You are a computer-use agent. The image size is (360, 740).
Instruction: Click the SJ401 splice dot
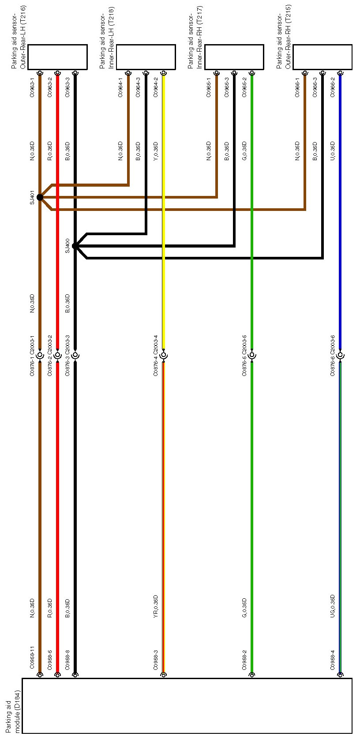40,197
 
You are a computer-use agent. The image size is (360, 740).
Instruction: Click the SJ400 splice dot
75,246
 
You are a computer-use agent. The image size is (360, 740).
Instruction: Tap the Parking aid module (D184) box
187,706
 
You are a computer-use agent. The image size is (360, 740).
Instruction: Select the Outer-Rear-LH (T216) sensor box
57,57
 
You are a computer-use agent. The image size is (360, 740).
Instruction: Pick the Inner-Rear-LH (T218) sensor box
146,57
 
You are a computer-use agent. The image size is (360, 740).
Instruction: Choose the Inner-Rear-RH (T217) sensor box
234,57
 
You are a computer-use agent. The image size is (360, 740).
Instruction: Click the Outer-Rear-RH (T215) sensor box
322,57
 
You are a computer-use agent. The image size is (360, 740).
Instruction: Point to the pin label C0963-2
50,87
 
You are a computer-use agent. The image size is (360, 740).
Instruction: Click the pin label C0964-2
156,87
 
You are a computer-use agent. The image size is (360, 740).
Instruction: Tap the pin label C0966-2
333,87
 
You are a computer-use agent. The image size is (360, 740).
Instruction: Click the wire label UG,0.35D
333,607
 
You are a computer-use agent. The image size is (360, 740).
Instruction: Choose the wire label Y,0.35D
156,151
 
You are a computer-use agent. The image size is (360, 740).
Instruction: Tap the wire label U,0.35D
333,151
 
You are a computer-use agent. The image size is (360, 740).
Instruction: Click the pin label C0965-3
227,87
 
